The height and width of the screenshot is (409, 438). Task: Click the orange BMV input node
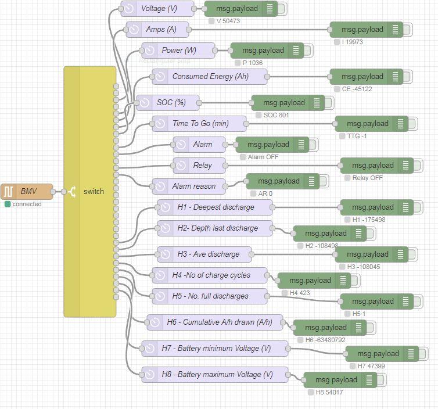(27, 191)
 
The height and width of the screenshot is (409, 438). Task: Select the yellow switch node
(90, 192)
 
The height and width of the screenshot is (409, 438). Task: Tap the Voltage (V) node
(157, 9)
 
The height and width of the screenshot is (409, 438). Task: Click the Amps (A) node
(157, 30)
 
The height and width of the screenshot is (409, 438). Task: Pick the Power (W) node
(178, 51)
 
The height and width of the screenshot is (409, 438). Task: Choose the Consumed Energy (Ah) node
(210, 77)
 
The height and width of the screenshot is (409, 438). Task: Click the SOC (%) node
(168, 103)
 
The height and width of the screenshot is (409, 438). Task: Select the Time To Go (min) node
(199, 124)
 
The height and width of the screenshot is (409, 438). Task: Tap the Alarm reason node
(189, 186)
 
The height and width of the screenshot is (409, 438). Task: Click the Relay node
(199, 166)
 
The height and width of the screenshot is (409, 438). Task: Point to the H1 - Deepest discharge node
(215, 207)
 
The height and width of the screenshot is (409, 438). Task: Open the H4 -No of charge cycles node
(210, 275)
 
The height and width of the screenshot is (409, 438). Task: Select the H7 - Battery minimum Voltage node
(215, 349)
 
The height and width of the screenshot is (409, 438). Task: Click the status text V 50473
(228, 21)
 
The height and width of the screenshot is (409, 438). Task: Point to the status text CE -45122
(357, 89)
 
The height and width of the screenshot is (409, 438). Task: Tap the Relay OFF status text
(367, 178)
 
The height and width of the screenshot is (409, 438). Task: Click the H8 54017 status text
(329, 392)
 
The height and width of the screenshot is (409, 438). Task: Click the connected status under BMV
(27, 204)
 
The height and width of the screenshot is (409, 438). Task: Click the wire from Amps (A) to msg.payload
(259, 30)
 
